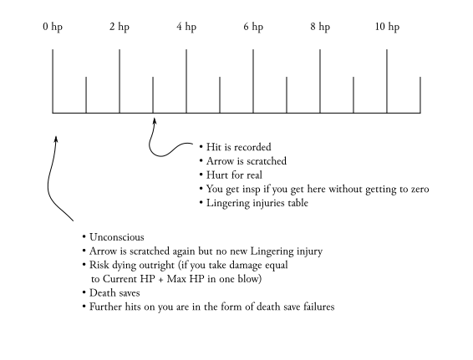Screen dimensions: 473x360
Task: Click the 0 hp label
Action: point(53,27)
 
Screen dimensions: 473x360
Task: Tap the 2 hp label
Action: point(120,27)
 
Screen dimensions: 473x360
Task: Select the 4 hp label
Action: point(186,27)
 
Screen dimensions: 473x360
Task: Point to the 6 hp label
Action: point(253,27)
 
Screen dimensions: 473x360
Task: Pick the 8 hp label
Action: point(320,27)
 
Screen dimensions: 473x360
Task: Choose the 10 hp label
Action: point(387,27)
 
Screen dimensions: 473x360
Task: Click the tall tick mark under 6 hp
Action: point(253,81)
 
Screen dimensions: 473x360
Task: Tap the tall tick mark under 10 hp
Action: point(387,81)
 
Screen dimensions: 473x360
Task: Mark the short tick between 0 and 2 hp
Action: point(86,95)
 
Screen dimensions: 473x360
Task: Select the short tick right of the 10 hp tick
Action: point(420,95)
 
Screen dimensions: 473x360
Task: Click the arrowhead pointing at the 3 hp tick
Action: point(154,120)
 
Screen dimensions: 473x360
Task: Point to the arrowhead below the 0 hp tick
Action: point(56,139)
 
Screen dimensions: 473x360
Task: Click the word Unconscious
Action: point(117,237)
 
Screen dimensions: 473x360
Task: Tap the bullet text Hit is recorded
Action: point(239,147)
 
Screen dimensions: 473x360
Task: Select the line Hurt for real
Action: point(234,175)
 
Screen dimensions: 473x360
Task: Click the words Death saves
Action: point(114,293)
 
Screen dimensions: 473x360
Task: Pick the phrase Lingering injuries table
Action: point(257,203)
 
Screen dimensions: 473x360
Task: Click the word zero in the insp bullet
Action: point(420,190)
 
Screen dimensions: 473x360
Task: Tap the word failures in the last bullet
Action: point(319,307)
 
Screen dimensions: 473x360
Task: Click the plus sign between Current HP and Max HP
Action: point(160,280)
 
